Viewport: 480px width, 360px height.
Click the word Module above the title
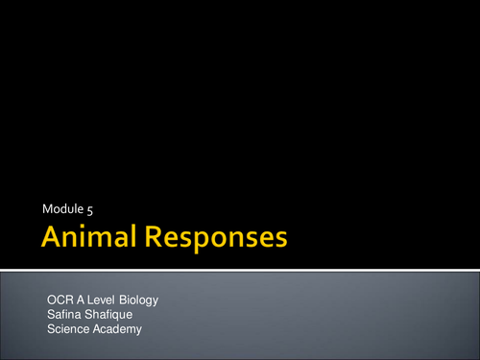point(63,208)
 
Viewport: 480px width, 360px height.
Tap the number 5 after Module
point(89,208)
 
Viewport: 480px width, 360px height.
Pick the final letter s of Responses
point(279,240)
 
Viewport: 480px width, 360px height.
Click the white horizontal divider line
point(240,270)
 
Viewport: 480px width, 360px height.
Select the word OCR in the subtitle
point(60,300)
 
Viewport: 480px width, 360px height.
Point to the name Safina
point(63,315)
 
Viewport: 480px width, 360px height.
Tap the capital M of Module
point(47,208)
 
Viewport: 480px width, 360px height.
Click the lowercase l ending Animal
point(130,237)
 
